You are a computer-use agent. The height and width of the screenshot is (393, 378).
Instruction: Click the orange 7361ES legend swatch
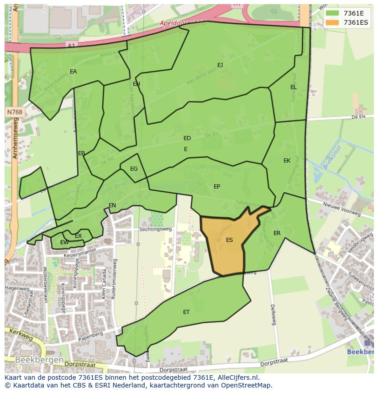[x=332, y=23]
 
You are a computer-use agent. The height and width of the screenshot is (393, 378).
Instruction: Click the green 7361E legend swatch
[x=332, y=13]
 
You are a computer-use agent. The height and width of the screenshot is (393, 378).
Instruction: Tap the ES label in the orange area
[x=229, y=240]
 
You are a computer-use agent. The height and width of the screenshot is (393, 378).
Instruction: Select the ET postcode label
[x=186, y=312]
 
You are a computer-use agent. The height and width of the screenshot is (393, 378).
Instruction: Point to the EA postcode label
[x=73, y=72]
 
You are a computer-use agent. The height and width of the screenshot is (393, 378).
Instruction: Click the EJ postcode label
[x=220, y=65]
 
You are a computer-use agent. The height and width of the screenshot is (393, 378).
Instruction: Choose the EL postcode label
[x=293, y=87]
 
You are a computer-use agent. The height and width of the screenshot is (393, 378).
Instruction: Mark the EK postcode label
[x=287, y=161]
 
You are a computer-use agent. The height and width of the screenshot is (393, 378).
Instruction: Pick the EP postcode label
[x=217, y=187]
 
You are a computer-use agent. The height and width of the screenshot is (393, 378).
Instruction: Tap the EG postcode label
[x=134, y=169]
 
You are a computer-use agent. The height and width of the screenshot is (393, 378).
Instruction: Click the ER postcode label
[x=277, y=233]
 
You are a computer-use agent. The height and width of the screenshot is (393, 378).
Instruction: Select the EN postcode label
[x=112, y=205]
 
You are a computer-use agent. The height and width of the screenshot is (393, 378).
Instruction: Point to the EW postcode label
[x=64, y=242]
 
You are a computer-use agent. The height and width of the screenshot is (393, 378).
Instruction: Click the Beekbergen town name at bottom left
[x=39, y=360]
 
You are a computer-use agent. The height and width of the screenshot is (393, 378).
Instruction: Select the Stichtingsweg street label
[x=156, y=229]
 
